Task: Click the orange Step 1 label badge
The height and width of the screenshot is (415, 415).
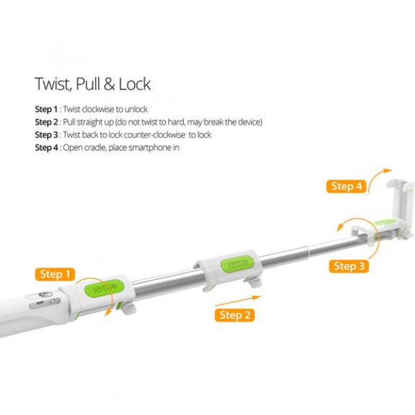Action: (55, 274)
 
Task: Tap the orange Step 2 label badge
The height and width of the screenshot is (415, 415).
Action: (235, 315)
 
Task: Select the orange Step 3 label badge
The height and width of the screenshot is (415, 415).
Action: (349, 266)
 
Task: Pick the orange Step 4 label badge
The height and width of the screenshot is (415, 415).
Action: (346, 186)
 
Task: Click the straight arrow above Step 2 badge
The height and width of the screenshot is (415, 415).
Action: (237, 301)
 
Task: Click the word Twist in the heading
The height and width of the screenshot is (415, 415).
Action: (53, 84)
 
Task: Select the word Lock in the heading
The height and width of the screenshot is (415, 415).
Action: (135, 84)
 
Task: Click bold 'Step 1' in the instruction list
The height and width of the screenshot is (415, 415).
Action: (46, 109)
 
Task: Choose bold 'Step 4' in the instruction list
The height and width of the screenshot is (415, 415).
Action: (46, 147)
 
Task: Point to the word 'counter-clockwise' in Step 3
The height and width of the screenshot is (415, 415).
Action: (155, 135)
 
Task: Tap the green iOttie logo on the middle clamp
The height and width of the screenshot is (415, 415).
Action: (237, 263)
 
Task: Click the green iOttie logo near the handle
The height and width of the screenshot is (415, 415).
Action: (104, 288)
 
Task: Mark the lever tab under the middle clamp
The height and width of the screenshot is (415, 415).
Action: (253, 282)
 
